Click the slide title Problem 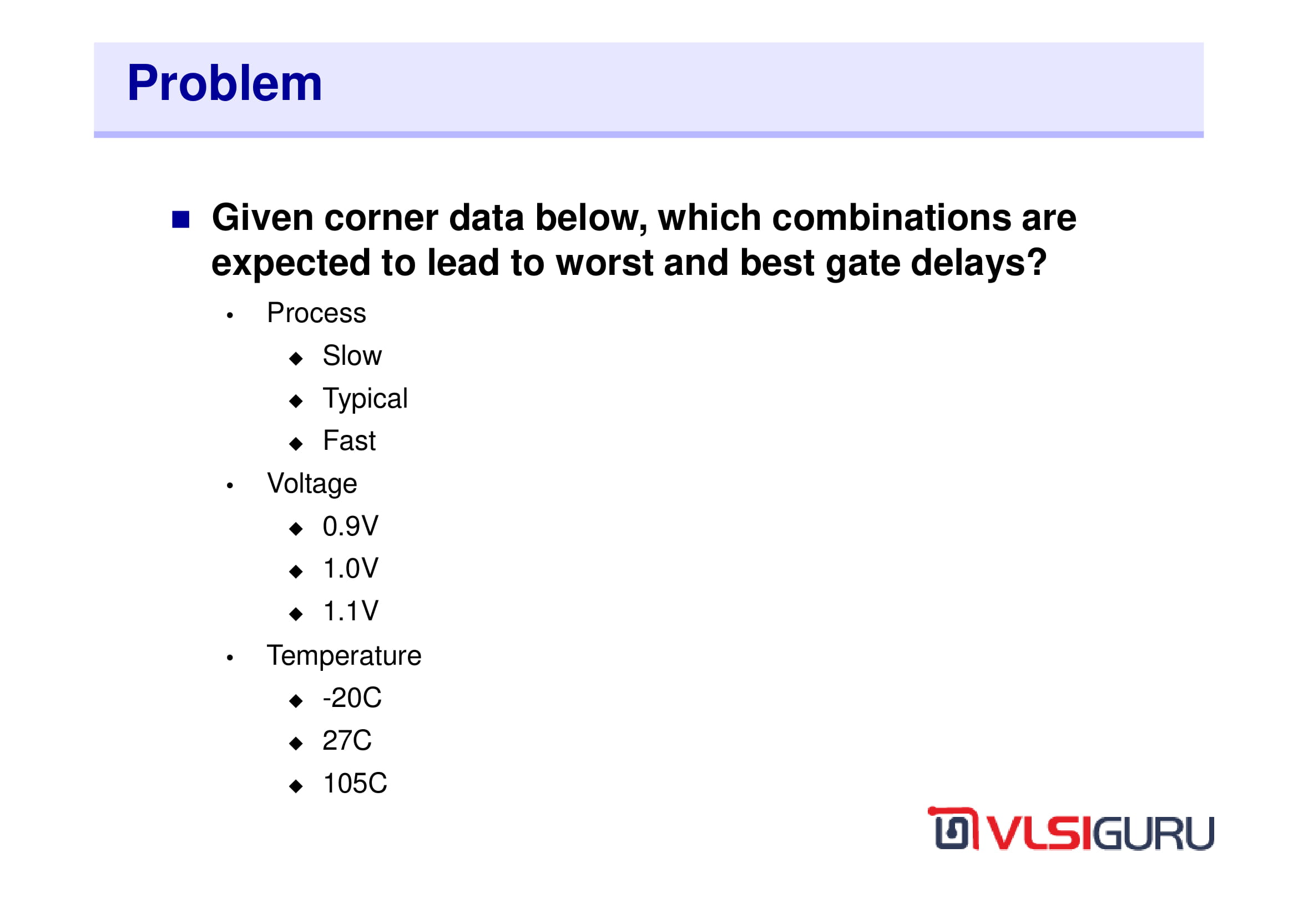(224, 83)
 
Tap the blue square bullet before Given (180, 219)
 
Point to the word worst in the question (604, 263)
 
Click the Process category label (316, 313)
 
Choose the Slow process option (352, 356)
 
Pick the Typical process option (365, 399)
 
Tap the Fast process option (349, 440)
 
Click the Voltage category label (312, 485)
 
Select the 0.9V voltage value (351, 526)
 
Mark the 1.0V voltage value (351, 569)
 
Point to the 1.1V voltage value (351, 611)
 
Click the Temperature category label (344, 656)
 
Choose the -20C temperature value (352, 698)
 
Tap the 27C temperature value (347, 741)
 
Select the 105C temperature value (355, 784)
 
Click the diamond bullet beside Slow (296, 359)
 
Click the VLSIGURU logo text (1099, 833)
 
